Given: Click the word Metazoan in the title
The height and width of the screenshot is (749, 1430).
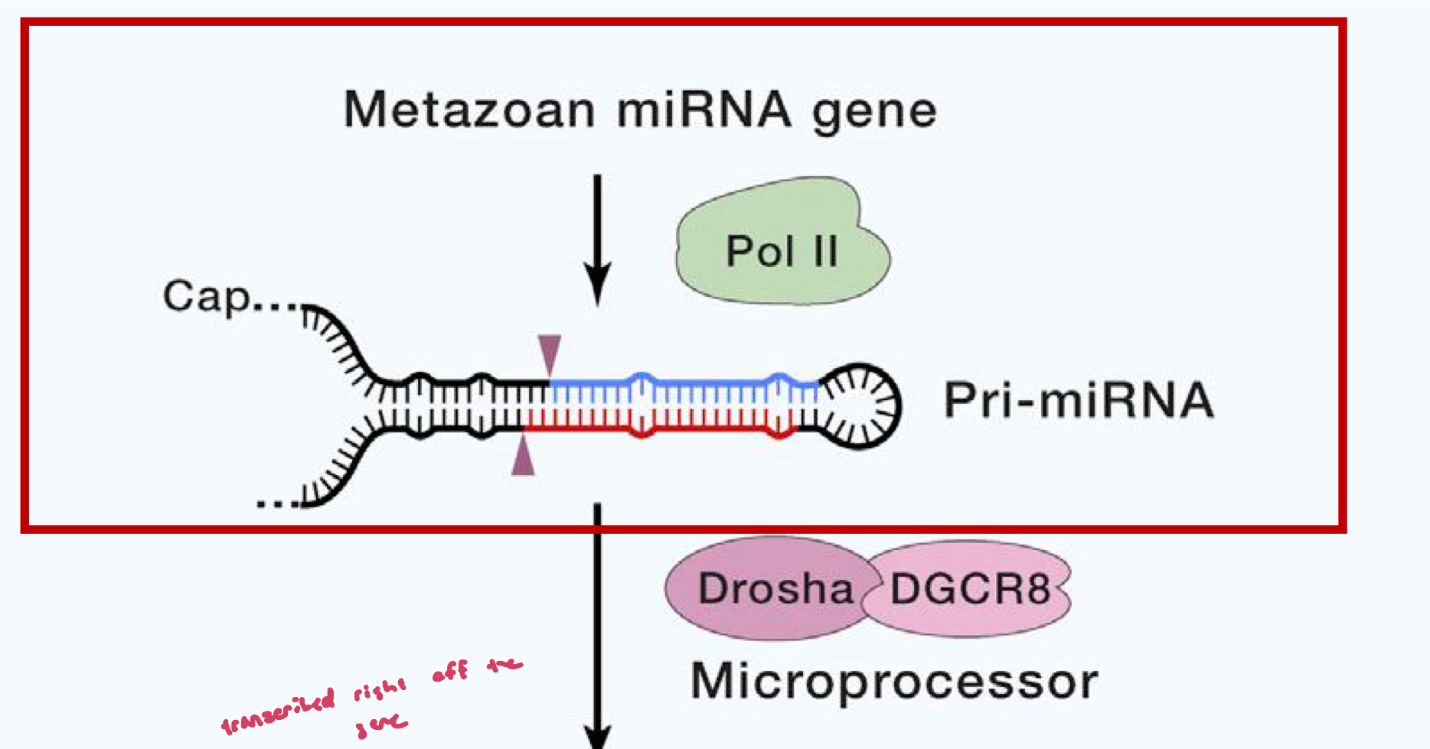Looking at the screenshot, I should (x=469, y=109).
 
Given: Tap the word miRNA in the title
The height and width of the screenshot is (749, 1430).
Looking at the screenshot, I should (x=704, y=109).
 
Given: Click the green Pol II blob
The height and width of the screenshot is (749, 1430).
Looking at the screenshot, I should (x=781, y=245).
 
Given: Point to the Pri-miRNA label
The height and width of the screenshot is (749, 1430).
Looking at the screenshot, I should (x=1079, y=400).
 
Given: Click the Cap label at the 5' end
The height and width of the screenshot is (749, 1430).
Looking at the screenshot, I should (x=206, y=297).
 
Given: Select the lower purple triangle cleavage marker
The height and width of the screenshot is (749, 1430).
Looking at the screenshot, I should (x=524, y=458).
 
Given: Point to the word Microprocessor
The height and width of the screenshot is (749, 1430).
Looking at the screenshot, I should (x=894, y=681).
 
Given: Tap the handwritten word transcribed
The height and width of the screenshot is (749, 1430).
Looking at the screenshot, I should (x=279, y=712).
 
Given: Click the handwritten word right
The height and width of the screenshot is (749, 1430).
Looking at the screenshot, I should (x=380, y=690).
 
